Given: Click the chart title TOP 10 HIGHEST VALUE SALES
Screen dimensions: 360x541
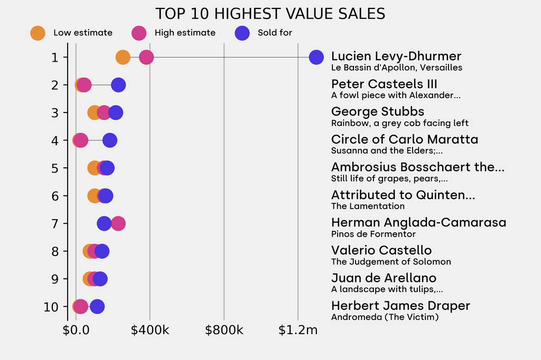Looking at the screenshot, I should click(x=270, y=14).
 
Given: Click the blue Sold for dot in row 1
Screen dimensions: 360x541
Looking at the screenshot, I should click(x=316, y=57).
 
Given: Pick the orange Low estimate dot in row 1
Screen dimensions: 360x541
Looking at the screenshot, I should click(x=123, y=57).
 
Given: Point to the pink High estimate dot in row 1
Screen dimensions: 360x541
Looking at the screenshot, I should click(x=146, y=57).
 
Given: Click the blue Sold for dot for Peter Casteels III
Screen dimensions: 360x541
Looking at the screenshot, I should click(x=118, y=84).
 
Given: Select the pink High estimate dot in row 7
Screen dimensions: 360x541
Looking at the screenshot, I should click(x=118, y=223).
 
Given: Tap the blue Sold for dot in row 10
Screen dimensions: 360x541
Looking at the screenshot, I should click(x=97, y=306).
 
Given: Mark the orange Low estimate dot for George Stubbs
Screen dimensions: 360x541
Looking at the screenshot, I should click(x=94, y=112).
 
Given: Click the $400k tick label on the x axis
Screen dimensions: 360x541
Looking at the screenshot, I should click(x=150, y=331).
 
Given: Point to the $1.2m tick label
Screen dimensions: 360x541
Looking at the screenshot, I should click(x=298, y=331).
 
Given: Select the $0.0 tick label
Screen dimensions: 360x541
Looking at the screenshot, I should click(x=76, y=331).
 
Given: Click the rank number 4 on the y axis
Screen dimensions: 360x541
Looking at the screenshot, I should click(x=55, y=140).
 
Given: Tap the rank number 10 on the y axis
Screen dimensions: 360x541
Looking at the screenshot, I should click(x=52, y=307).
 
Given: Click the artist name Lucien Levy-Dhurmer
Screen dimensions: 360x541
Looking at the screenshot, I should click(x=396, y=56).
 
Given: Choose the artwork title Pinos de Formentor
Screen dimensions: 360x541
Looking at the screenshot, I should click(x=373, y=234).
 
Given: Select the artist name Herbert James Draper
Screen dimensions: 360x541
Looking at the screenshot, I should click(x=400, y=306).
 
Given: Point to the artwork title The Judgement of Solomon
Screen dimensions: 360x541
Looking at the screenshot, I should click(x=391, y=262).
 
